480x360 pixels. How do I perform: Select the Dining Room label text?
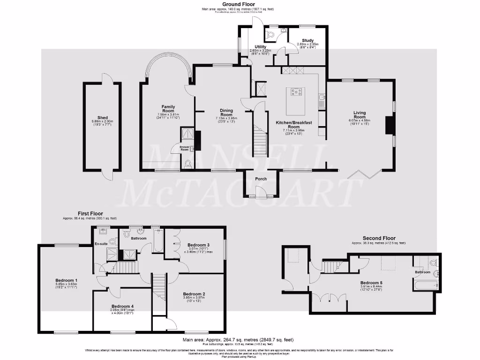(226, 112)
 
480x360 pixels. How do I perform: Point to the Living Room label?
(360, 114)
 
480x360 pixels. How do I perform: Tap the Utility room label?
(260, 47)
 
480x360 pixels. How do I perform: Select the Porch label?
(261, 179)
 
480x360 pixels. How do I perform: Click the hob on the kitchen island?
(297, 92)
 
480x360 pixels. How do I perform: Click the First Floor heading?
(90, 213)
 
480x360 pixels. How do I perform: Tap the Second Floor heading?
(379, 238)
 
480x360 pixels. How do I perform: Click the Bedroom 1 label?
(66, 280)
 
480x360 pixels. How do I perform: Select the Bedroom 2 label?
(194, 294)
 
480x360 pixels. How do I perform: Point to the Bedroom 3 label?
(198, 245)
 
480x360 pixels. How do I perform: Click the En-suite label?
(101, 244)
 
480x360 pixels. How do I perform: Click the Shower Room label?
(184, 148)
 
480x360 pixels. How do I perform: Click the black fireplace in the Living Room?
(388, 126)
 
